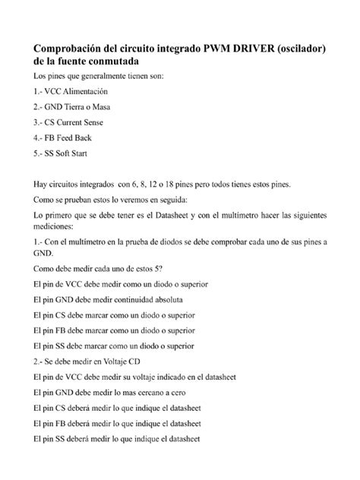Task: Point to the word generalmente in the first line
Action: coord(104,77)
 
